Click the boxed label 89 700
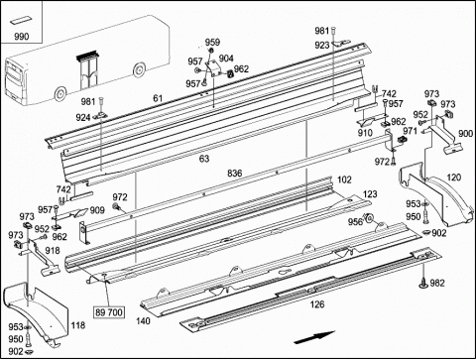[x=109, y=312]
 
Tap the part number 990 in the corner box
[x=22, y=37]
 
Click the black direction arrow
[x=314, y=337]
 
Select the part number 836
[x=234, y=173]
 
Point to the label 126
[x=317, y=304]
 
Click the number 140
[x=143, y=320]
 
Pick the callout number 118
[x=78, y=325]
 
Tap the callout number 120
[x=454, y=178]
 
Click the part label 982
[x=437, y=283]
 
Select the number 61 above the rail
[x=158, y=98]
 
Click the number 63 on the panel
[x=204, y=159]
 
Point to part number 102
[x=344, y=180]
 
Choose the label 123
[x=370, y=194]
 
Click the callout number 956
[x=355, y=222]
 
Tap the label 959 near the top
[x=212, y=43]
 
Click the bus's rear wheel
[x=59, y=94]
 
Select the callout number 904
[x=226, y=59]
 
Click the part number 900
[x=466, y=134]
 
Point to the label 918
[x=53, y=251]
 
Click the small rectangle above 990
[x=20, y=21]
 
